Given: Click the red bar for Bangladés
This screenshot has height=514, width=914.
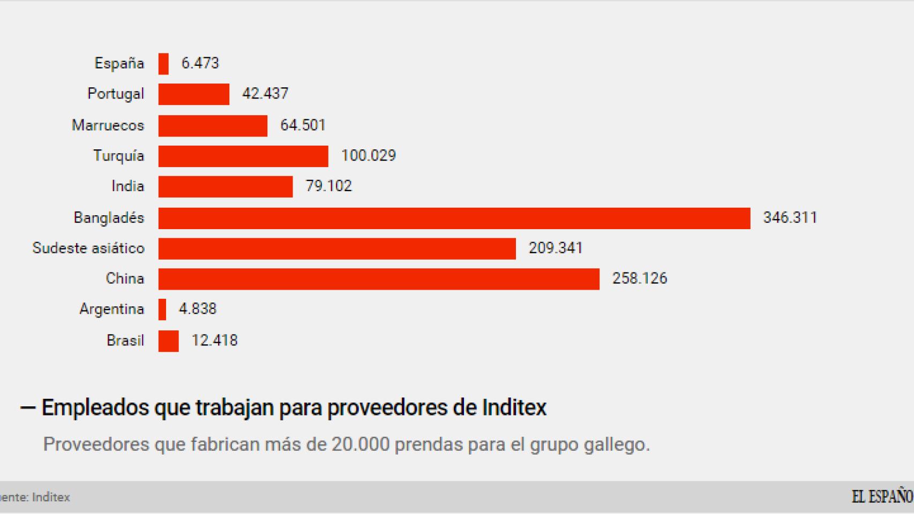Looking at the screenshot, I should pyautogui.click(x=454, y=218).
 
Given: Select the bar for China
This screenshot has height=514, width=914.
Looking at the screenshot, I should pyautogui.click(x=379, y=279).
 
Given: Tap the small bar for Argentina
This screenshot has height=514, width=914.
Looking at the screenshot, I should pyautogui.click(x=162, y=309).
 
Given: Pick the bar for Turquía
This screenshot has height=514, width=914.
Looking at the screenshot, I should pyautogui.click(x=243, y=156).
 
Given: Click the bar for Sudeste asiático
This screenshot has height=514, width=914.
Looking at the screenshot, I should pyautogui.click(x=337, y=248).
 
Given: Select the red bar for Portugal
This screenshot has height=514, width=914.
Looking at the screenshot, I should pyautogui.click(x=194, y=94).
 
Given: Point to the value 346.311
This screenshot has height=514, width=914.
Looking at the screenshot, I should pyautogui.click(x=790, y=218).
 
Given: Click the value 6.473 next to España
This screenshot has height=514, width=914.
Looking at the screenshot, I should pyautogui.click(x=200, y=63).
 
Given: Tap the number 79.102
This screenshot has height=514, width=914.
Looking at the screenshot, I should pyautogui.click(x=328, y=186).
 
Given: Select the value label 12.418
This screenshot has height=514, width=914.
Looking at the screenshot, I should pyautogui.click(x=214, y=341).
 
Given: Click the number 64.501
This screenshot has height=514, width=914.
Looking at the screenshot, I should pyautogui.click(x=303, y=125).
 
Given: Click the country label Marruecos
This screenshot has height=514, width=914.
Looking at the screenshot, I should pyautogui.click(x=108, y=125).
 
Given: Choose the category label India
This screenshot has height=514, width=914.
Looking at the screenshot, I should pyautogui.click(x=128, y=186).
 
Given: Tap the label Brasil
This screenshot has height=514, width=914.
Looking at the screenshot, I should pyautogui.click(x=125, y=341).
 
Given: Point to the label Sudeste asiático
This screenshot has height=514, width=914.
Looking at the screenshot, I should pyautogui.click(x=88, y=248).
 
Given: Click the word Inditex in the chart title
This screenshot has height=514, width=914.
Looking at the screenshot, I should pyautogui.click(x=514, y=407).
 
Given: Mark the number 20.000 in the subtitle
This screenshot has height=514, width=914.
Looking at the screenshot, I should pyautogui.click(x=360, y=444).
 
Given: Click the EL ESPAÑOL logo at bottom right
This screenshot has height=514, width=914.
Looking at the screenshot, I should pyautogui.click(x=882, y=497).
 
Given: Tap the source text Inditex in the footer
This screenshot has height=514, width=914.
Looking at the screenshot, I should pyautogui.click(x=51, y=497).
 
